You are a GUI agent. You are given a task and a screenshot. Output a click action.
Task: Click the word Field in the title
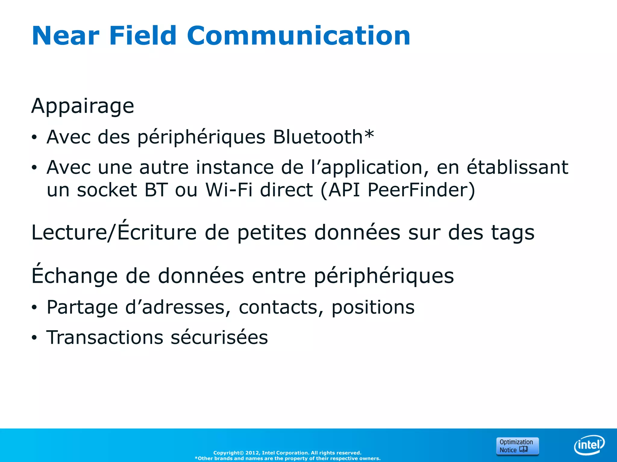click(x=143, y=36)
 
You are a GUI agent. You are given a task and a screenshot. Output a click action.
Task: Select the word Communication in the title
click(x=298, y=36)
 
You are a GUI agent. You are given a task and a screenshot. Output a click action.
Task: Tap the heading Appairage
click(x=83, y=106)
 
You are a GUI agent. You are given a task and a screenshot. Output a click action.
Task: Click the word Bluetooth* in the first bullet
click(x=323, y=137)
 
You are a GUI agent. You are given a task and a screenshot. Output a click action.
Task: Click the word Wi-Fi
click(x=229, y=190)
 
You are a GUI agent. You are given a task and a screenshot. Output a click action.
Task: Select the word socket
click(x=107, y=191)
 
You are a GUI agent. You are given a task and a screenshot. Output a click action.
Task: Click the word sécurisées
click(x=219, y=337)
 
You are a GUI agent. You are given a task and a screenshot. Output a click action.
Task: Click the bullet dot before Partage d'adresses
click(x=34, y=308)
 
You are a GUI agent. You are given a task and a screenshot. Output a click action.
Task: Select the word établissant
click(x=517, y=167)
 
